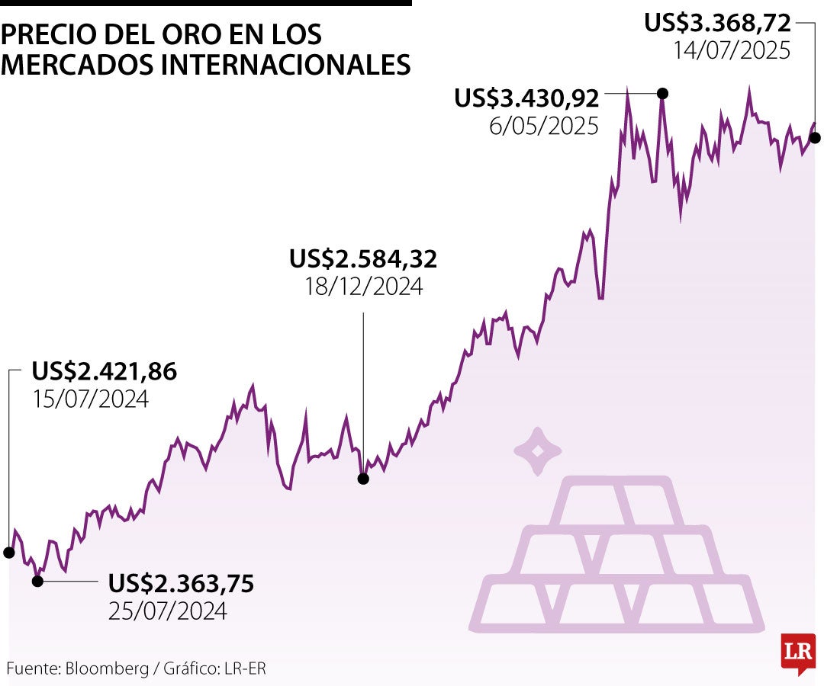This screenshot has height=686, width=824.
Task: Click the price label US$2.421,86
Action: (x=104, y=372)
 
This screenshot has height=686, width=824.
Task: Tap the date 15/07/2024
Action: (x=90, y=399)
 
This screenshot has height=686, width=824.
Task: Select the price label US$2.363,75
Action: (x=181, y=584)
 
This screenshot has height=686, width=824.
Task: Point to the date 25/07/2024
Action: (x=168, y=611)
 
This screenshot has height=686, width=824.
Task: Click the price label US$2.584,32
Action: (x=363, y=259)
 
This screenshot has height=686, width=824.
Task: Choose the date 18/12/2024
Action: (x=363, y=287)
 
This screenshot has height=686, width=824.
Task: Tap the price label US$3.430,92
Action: (x=526, y=98)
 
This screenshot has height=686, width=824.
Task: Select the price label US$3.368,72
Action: (x=717, y=23)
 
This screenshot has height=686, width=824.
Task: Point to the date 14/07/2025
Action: (x=731, y=50)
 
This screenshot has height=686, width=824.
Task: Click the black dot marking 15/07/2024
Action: (x=9, y=552)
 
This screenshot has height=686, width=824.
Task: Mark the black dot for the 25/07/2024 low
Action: (x=37, y=581)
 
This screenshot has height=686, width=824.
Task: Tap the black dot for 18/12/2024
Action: (x=363, y=479)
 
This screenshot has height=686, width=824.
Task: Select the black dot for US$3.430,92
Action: (x=662, y=93)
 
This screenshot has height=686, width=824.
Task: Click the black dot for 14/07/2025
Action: (x=815, y=138)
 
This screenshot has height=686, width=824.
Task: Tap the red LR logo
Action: (x=798, y=652)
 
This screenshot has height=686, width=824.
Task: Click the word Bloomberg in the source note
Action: (x=107, y=668)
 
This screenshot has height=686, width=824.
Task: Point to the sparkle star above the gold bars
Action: (x=537, y=450)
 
